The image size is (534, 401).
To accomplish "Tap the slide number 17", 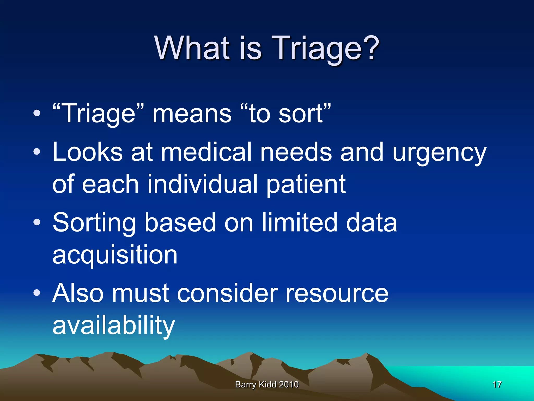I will coord(497,385).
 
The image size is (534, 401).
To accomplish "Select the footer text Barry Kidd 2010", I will coord(267,385).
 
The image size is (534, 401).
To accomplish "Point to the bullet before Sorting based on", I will coord(37,222).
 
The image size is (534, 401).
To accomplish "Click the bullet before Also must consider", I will coord(37,293).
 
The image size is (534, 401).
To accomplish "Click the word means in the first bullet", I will coord(192,114).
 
